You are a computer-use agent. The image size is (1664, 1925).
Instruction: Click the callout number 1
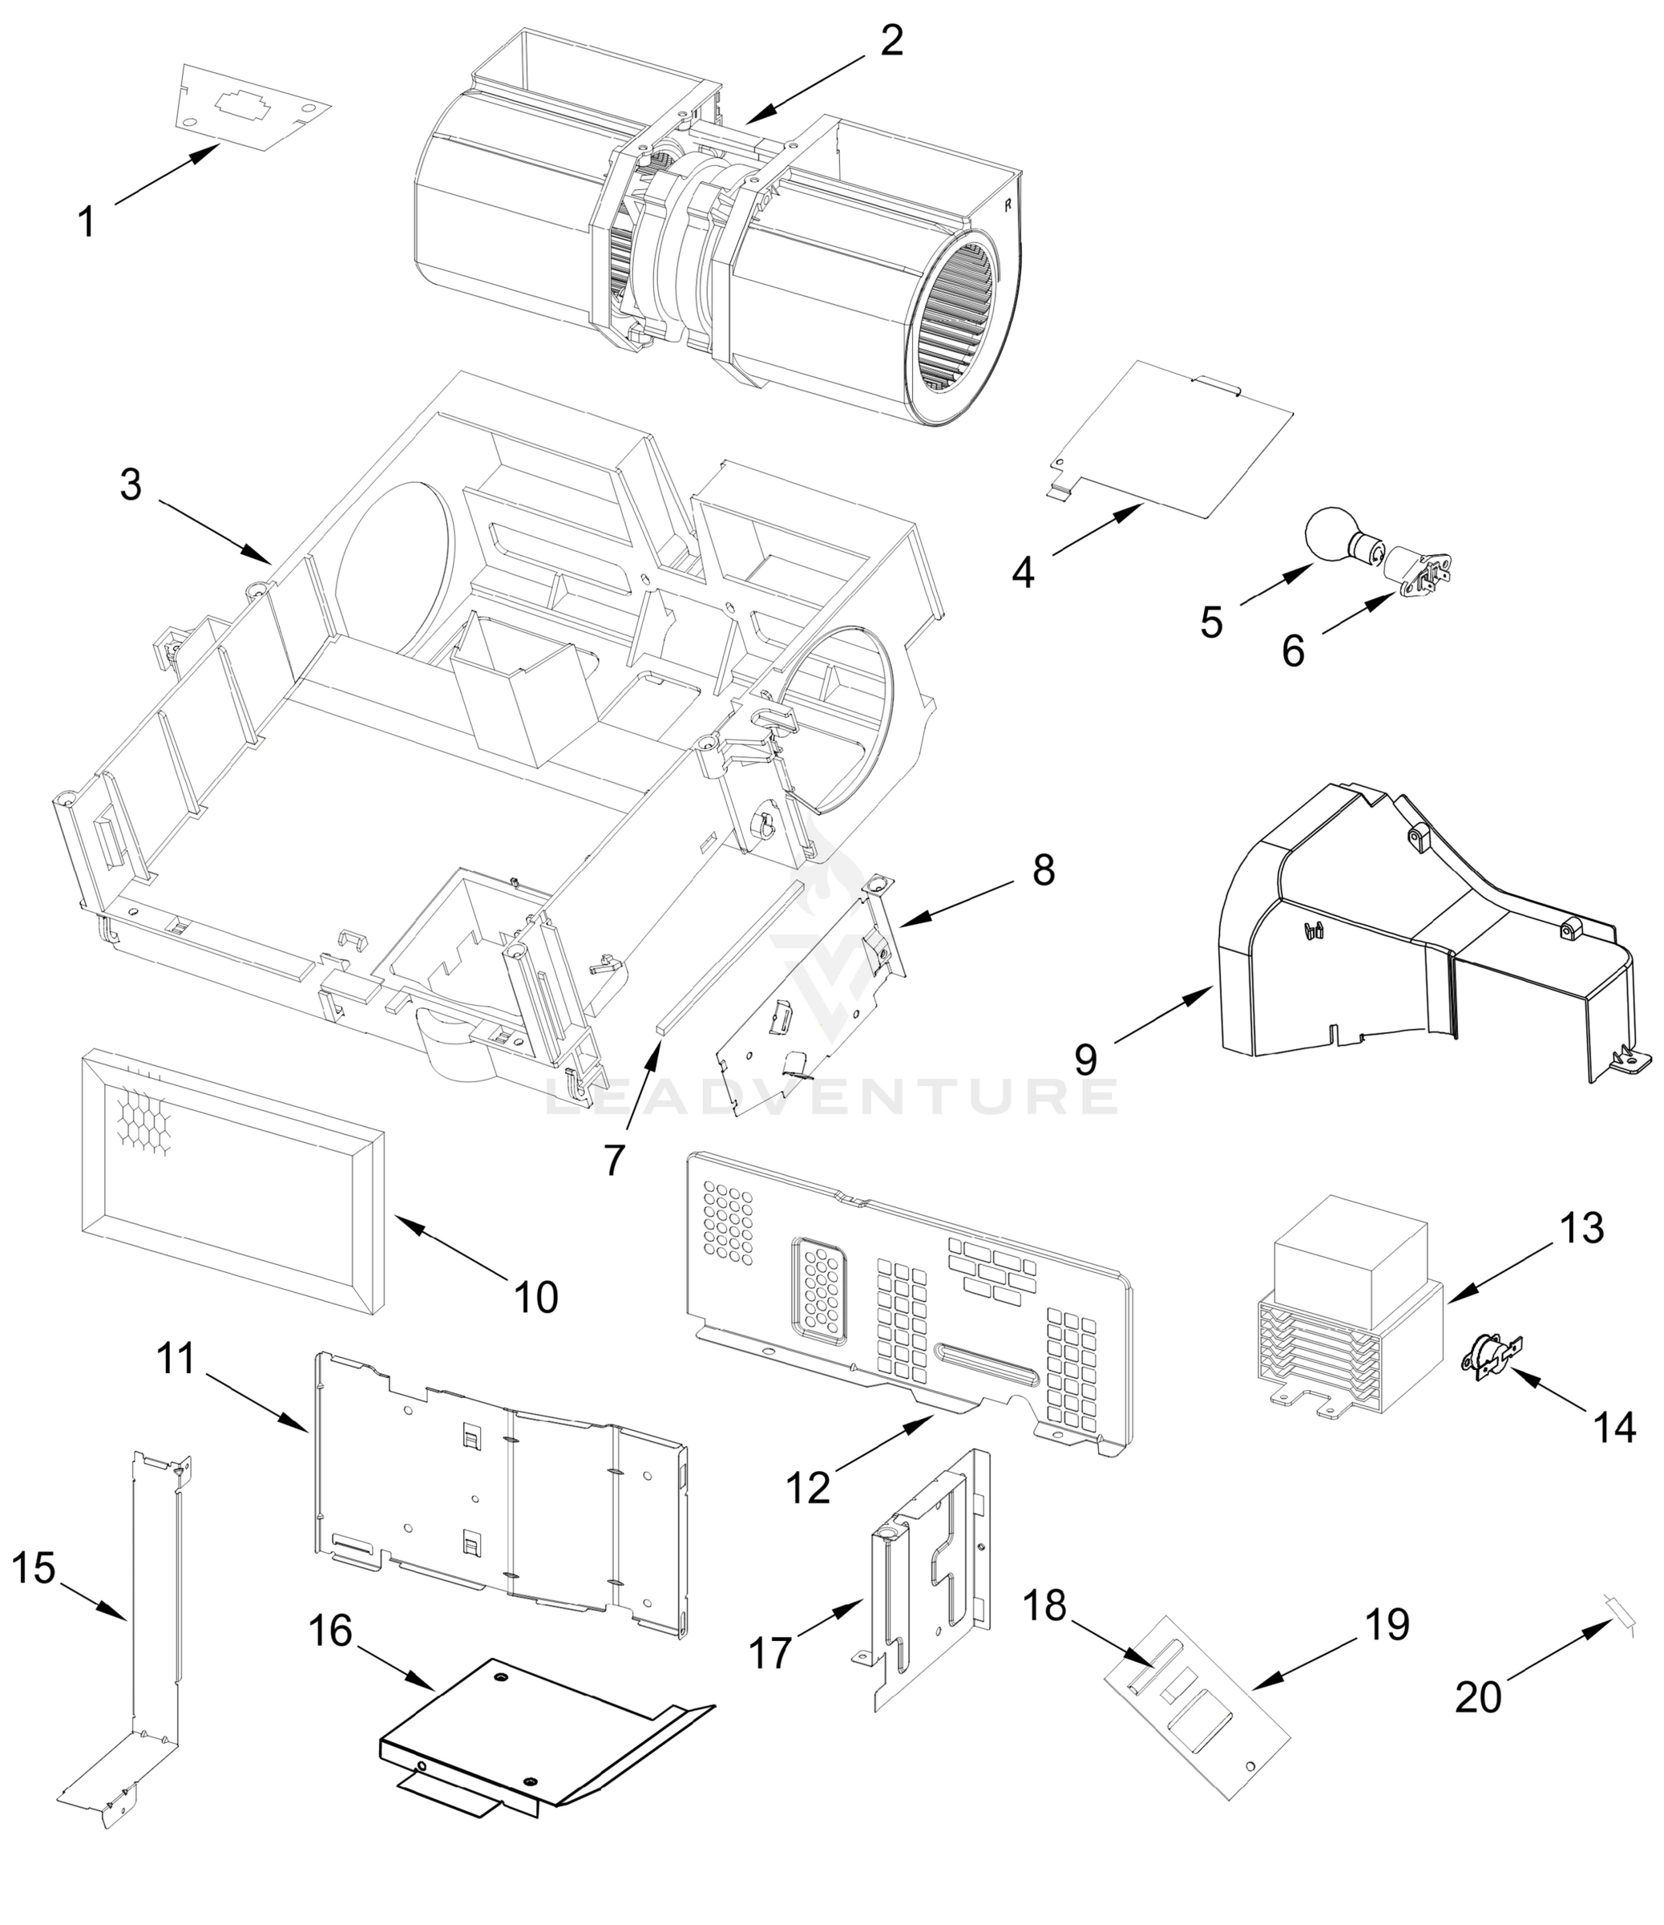click(x=86, y=222)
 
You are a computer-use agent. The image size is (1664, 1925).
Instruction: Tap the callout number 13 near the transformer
click(x=1581, y=1228)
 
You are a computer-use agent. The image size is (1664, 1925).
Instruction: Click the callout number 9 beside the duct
click(x=1085, y=1058)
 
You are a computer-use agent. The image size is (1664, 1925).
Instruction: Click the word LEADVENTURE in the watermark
click(x=831, y=1096)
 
